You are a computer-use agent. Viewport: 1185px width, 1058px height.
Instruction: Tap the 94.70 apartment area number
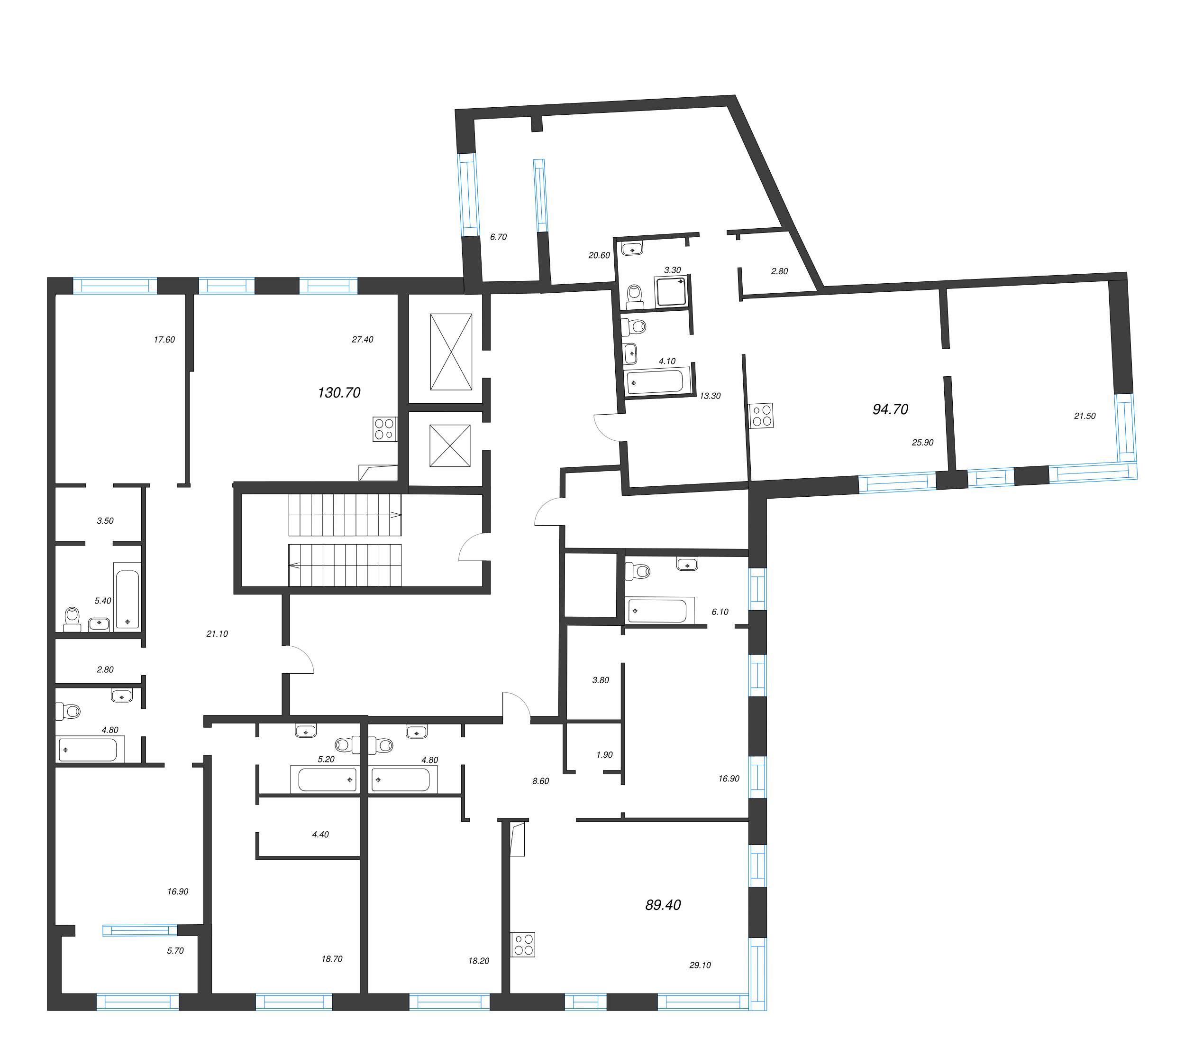click(x=890, y=409)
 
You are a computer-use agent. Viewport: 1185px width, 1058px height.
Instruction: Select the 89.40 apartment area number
click(x=663, y=905)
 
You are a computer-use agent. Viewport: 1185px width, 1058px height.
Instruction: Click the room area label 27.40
click(x=363, y=340)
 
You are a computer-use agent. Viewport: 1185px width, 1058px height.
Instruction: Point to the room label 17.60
click(x=164, y=340)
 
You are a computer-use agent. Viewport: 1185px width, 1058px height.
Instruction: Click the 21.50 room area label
click(x=1085, y=416)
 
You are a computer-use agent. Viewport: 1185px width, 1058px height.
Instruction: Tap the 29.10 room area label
click(x=700, y=965)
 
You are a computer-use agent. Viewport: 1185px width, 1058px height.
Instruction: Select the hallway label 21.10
click(x=217, y=634)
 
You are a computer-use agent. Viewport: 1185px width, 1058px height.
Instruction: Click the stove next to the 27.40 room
click(x=384, y=429)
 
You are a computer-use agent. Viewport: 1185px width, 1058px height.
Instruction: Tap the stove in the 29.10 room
click(x=523, y=945)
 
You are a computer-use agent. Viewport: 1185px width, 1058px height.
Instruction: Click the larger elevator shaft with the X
click(x=451, y=352)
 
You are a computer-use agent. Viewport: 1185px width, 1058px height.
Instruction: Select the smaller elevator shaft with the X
click(x=450, y=445)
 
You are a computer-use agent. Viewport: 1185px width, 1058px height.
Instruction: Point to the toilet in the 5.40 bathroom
click(x=72, y=619)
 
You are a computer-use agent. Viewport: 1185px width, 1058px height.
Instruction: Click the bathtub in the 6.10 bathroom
click(x=657, y=611)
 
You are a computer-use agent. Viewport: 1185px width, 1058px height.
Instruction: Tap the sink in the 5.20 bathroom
click(x=306, y=731)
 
